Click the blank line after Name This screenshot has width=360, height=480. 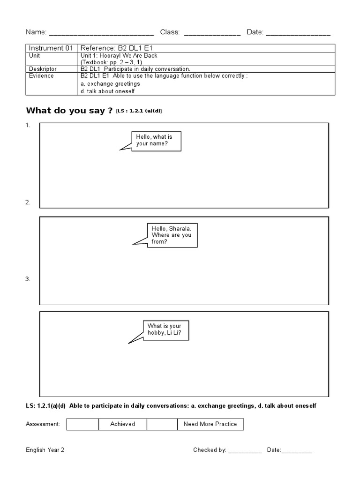[x=101, y=33]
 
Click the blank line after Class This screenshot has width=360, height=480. [x=212, y=33]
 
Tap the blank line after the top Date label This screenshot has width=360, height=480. [x=298, y=33]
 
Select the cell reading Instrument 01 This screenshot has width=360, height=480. [x=49, y=48]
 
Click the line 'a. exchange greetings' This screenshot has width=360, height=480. [x=110, y=83]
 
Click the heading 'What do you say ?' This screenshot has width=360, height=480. [x=69, y=111]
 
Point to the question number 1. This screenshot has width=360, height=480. [x=28, y=125]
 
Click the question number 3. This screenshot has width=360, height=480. [x=28, y=279]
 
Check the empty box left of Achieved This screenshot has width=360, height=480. [x=82, y=424]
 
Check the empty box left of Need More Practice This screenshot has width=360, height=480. [x=162, y=424]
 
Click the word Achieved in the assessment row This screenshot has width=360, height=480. [x=122, y=424]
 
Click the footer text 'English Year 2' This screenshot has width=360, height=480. [x=45, y=450]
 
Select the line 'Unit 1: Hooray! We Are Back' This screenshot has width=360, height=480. [x=119, y=55]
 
